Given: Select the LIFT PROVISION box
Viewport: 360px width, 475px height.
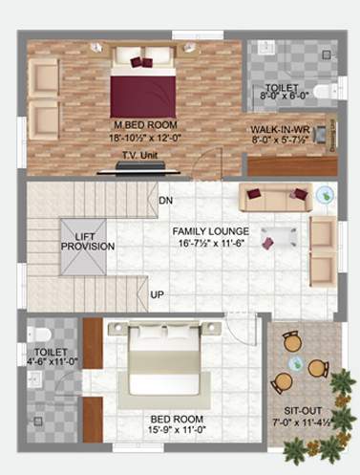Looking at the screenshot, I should click(x=88, y=240).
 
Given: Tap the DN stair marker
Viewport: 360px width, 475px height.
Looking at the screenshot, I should click(x=165, y=201).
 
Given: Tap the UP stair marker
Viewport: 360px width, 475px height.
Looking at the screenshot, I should click(x=157, y=294).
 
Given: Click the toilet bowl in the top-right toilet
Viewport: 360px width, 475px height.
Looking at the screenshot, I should click(x=320, y=92).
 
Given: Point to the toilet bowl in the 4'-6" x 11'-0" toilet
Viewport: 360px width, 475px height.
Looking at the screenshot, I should click(x=39, y=335).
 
